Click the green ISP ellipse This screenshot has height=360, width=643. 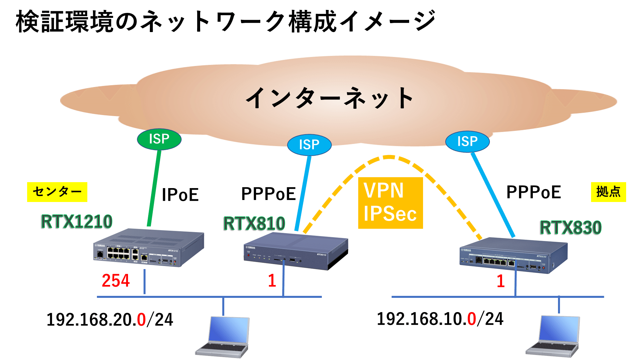(x=159, y=139)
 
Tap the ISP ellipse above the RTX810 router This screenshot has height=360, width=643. (x=309, y=145)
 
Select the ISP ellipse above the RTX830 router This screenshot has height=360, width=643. (x=467, y=141)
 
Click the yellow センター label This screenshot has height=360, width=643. (x=57, y=192)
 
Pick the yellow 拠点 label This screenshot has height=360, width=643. (x=608, y=192)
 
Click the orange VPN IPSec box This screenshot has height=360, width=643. (x=390, y=203)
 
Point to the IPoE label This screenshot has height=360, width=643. (x=180, y=195)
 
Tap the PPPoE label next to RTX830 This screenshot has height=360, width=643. (x=534, y=192)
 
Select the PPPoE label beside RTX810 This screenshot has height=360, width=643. (x=268, y=194)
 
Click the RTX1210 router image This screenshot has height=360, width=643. (x=149, y=248)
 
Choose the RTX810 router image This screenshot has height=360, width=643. (x=296, y=252)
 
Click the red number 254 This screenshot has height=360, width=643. (x=116, y=281)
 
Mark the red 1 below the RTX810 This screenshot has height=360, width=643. (x=272, y=281)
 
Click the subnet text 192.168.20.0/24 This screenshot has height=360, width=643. (x=109, y=320)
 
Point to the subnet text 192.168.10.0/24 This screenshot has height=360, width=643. (x=440, y=319)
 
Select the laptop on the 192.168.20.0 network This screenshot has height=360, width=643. (x=223, y=337)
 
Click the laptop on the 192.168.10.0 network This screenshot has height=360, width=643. (x=554, y=337)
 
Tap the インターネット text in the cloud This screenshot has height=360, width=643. (x=329, y=98)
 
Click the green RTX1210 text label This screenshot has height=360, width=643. (x=76, y=221)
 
